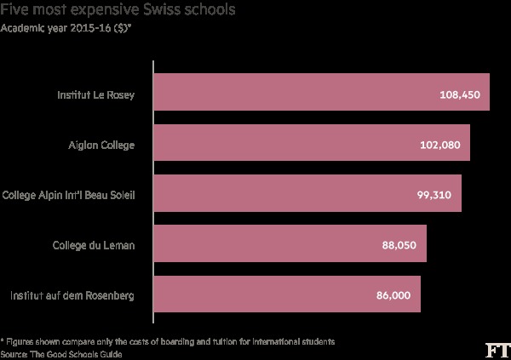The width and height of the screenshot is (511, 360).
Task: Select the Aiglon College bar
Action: tap(312, 144)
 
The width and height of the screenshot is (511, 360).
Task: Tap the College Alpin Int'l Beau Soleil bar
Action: tap(307, 194)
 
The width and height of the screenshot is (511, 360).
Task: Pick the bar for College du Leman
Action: tap(290, 244)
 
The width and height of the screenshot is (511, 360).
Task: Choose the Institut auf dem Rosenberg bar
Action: tap(286, 294)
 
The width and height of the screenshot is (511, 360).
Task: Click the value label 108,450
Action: tap(460, 94)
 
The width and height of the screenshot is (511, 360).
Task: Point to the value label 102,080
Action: tap(439, 145)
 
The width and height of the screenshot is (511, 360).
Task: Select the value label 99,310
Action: tap(435, 195)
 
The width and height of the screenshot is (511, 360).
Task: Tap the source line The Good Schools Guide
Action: tap(57, 352)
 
